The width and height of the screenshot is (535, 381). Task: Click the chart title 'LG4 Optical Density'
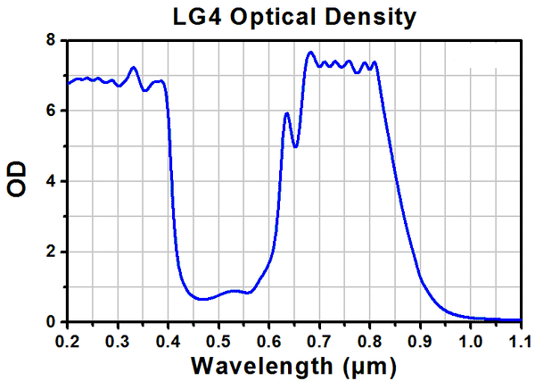(295, 16)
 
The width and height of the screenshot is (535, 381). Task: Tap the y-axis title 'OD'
(17, 180)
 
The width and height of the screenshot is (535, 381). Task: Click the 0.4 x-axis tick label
(168, 341)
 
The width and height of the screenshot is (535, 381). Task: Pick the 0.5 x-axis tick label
(218, 341)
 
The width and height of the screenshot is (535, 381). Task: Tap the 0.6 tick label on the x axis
(269, 341)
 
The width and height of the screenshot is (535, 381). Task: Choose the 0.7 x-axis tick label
(319, 341)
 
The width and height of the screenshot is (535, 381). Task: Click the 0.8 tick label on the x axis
(370, 341)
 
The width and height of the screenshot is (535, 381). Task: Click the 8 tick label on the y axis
(51, 41)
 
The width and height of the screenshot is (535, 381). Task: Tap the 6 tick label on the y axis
(51, 111)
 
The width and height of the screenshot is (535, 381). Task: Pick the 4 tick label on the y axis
(51, 181)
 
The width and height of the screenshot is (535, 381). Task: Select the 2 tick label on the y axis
(51, 252)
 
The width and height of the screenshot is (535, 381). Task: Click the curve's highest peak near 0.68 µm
(310, 53)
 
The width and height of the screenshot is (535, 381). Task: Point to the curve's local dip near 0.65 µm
(295, 146)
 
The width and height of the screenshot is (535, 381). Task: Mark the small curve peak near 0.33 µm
(133, 67)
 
